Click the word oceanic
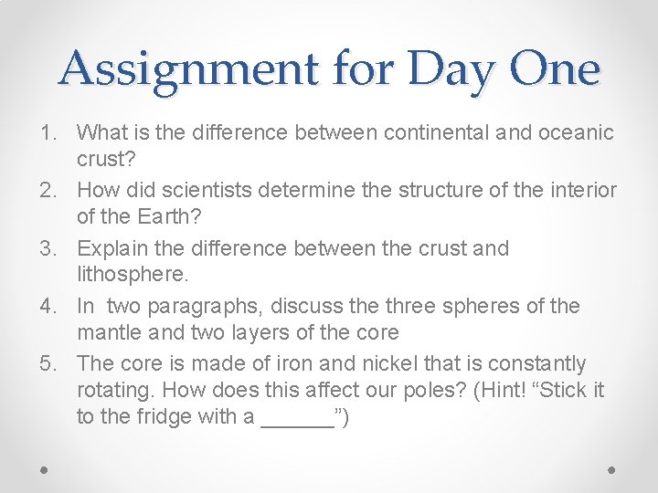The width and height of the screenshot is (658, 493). tap(577, 133)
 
